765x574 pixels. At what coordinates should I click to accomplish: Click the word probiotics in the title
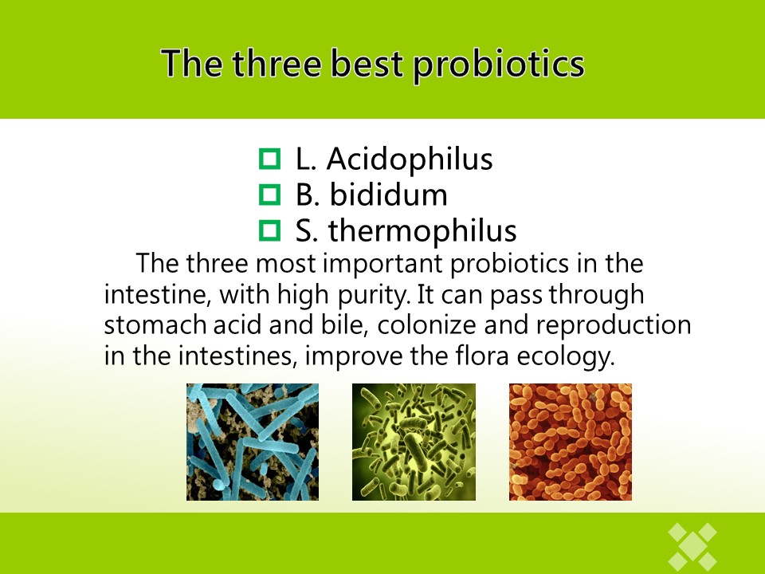[499, 65]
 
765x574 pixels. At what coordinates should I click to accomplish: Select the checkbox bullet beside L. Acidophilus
[270, 159]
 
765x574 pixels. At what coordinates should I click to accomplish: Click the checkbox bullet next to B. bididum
[270, 195]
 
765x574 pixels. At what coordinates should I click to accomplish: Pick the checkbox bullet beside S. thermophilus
[270, 230]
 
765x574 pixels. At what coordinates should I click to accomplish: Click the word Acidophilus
[410, 159]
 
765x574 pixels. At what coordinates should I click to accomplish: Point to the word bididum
[389, 195]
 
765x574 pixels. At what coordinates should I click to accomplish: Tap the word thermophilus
[422, 231]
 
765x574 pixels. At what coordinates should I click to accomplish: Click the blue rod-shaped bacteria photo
[253, 442]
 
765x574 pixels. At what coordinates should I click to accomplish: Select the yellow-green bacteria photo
[414, 442]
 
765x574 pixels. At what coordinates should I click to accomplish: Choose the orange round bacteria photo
[571, 442]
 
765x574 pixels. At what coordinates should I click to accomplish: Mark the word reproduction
[614, 326]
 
